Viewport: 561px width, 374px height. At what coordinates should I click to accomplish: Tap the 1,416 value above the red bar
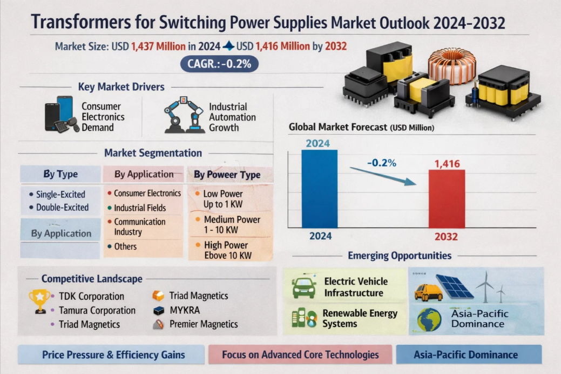click(x=447, y=163)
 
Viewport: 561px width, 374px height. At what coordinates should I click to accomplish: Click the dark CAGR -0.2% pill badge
click(x=219, y=64)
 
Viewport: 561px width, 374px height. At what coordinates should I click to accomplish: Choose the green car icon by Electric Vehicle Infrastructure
click(x=304, y=288)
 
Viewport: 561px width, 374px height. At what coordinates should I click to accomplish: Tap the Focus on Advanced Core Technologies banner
click(x=301, y=355)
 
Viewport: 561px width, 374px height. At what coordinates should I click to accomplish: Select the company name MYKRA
click(x=185, y=310)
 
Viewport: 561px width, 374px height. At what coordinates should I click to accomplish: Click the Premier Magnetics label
click(x=204, y=324)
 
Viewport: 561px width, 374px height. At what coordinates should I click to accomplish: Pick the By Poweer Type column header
click(x=227, y=175)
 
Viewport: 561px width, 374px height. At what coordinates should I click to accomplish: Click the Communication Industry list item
click(x=139, y=226)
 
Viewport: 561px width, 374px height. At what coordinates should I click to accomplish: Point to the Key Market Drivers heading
click(x=121, y=86)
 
